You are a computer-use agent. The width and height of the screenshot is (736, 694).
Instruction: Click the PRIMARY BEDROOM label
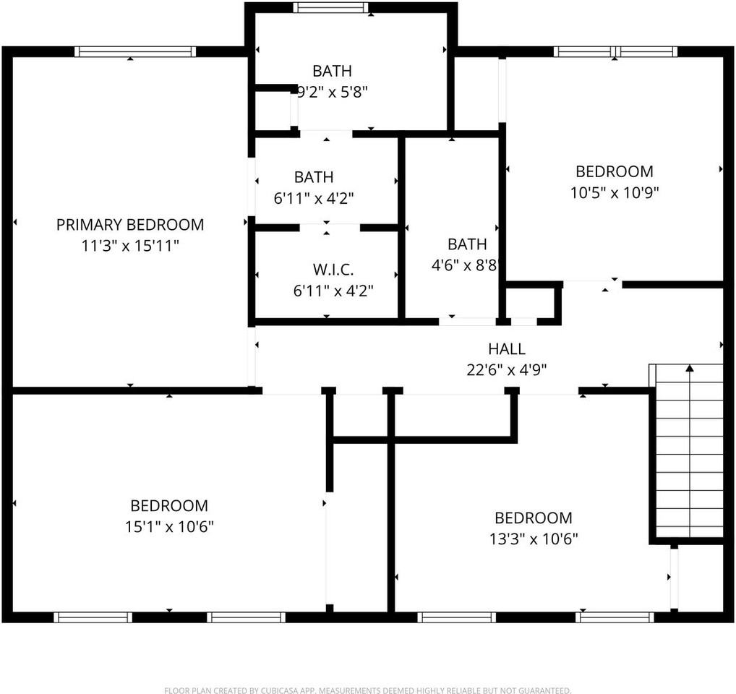(130, 225)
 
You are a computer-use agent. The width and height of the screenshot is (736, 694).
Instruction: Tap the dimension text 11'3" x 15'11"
(130, 246)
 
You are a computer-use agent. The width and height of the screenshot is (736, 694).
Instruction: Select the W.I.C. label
(333, 270)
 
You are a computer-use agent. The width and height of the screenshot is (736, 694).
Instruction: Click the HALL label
(506, 349)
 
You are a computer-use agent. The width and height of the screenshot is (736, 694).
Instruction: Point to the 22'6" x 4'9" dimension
(506, 369)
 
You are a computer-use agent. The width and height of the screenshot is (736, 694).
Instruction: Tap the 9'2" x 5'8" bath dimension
(333, 92)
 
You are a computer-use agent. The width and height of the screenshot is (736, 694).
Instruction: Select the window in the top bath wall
(331, 8)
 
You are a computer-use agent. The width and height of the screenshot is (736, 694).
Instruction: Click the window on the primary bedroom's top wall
(135, 51)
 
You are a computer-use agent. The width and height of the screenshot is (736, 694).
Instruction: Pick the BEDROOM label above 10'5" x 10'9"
(614, 171)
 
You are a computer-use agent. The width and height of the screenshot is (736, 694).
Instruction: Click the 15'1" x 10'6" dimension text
(169, 526)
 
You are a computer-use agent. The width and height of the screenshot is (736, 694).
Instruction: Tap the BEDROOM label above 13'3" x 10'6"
(533, 518)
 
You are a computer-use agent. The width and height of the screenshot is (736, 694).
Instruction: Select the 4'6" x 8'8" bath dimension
(466, 265)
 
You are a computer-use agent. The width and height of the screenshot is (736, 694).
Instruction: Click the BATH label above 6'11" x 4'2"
(314, 177)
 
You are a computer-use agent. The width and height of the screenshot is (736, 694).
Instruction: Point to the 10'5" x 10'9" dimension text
(614, 192)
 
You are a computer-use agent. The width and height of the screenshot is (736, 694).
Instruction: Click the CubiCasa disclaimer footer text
(367, 690)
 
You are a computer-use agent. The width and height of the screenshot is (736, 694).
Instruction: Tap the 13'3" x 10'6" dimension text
(533, 539)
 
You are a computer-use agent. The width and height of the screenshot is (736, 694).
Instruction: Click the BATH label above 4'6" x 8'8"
(467, 244)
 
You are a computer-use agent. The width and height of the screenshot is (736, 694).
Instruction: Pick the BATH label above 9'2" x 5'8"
(333, 71)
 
